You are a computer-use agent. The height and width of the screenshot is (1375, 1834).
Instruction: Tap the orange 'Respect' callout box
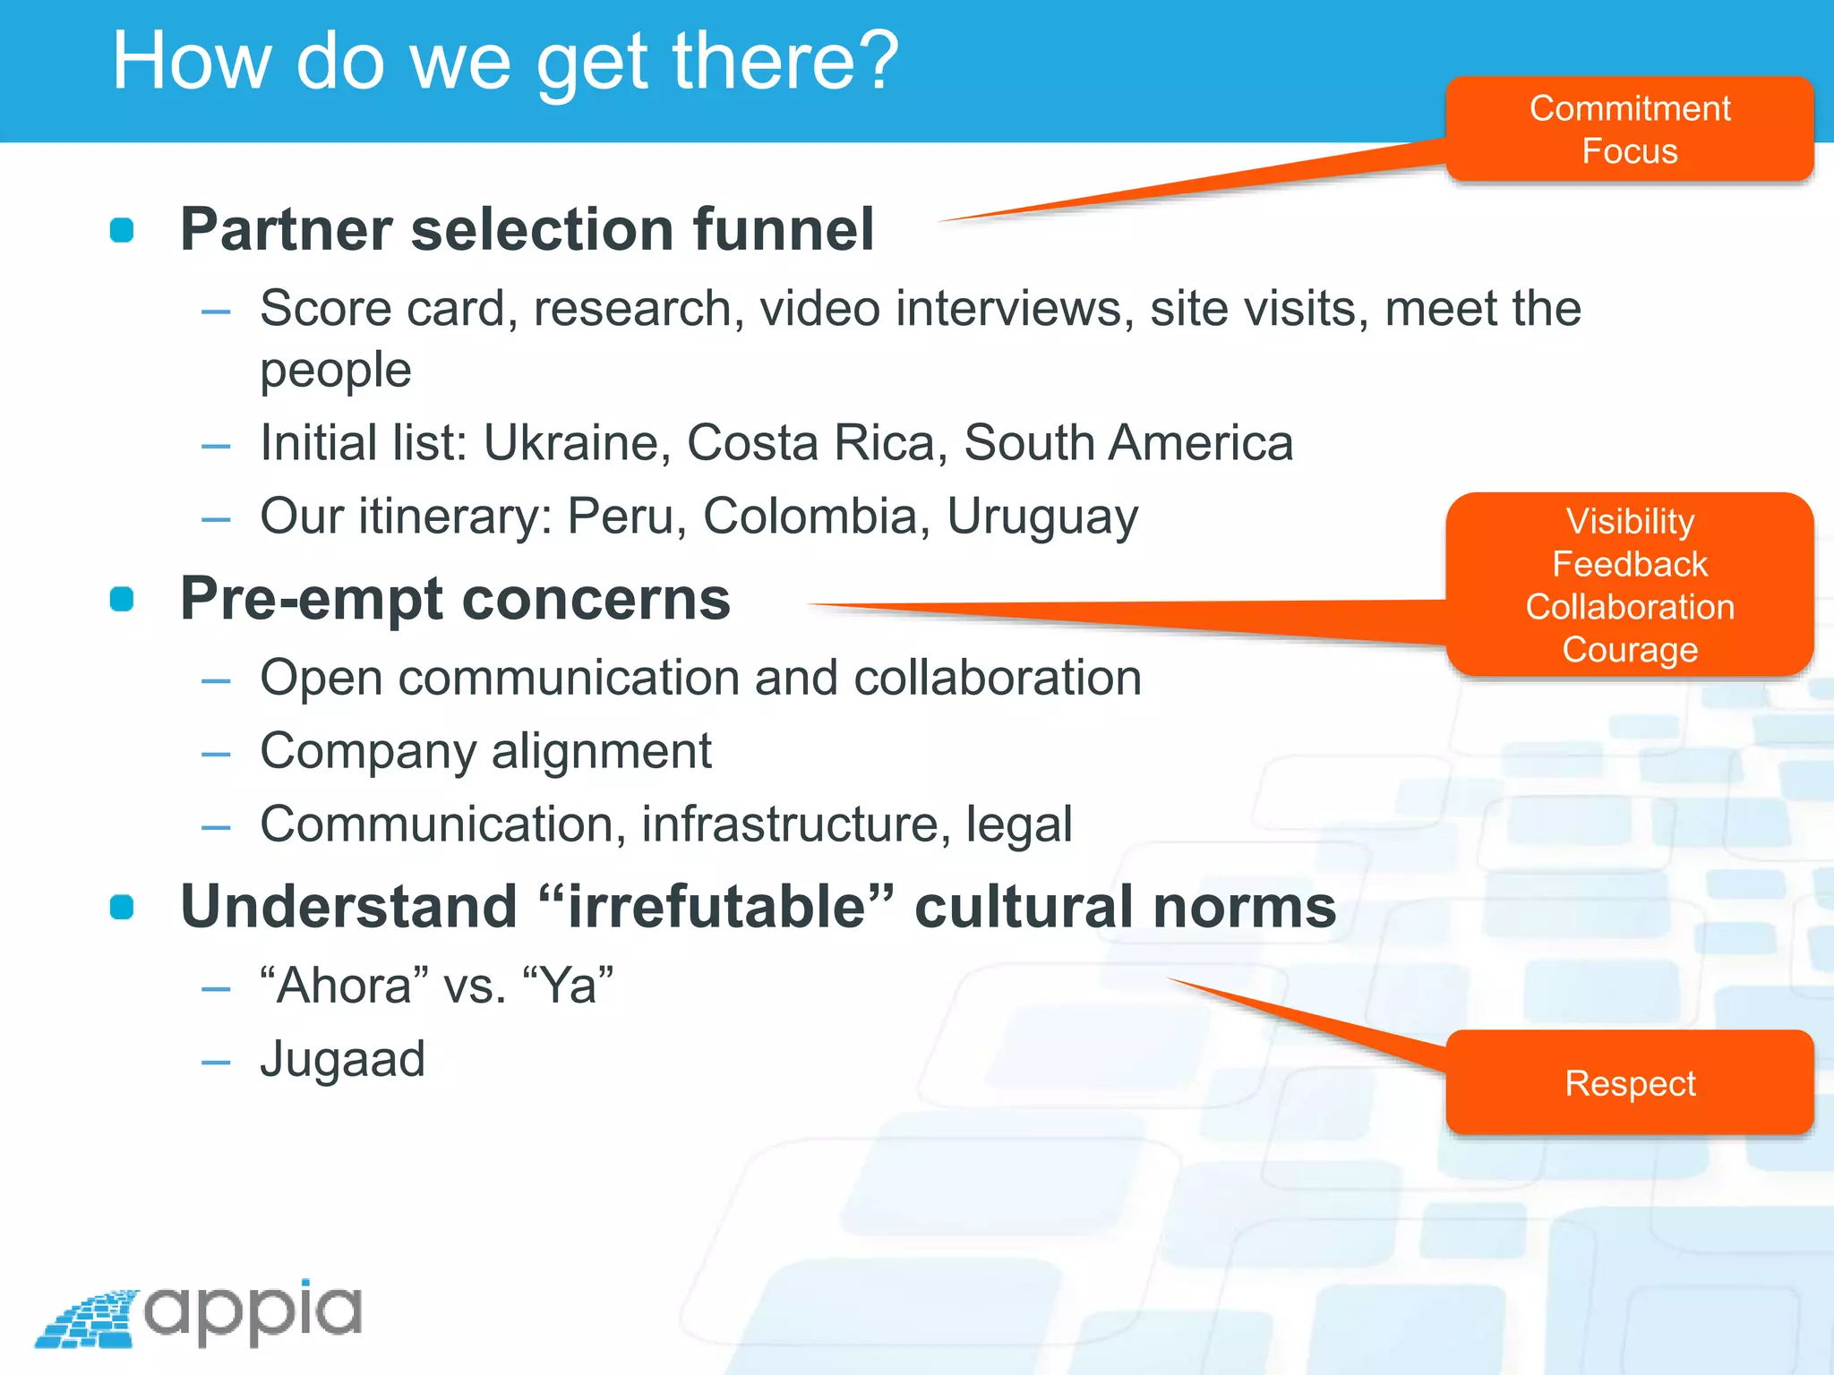[1629, 1083]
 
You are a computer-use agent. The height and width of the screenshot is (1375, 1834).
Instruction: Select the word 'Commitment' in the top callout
[1629, 108]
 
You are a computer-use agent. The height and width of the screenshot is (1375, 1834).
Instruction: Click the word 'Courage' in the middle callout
[1629, 650]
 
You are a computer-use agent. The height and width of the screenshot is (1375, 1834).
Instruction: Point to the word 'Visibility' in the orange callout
[1629, 521]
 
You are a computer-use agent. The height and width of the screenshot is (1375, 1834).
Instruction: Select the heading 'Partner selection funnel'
[527, 229]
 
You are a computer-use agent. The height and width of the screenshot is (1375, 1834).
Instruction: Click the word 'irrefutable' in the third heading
[716, 906]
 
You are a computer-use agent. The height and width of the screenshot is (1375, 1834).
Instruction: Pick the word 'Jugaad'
[342, 1059]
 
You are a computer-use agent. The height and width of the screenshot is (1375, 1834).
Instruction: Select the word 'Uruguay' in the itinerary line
[1042, 517]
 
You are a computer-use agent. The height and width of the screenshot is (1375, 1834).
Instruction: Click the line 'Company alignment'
[485, 751]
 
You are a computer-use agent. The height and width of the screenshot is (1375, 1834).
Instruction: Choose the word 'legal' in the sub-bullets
[1019, 824]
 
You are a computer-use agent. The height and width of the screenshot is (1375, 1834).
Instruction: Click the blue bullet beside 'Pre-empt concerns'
[122, 599]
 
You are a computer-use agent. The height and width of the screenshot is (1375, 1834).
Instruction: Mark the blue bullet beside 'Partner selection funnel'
[122, 230]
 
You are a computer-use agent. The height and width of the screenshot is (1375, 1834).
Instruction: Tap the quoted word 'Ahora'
[344, 986]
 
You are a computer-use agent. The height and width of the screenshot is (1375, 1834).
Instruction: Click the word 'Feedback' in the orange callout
[1629, 564]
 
